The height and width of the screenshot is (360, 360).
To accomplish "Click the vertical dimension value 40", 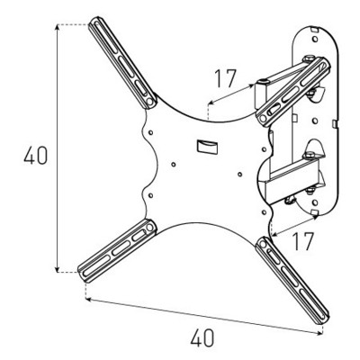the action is [x=36, y=155].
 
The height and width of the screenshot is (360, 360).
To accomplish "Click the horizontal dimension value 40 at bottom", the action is [x=202, y=337].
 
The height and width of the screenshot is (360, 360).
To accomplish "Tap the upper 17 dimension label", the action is [x=226, y=78].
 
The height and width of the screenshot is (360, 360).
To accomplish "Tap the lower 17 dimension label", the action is [x=302, y=241].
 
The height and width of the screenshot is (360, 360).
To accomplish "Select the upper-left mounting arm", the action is [x=122, y=62].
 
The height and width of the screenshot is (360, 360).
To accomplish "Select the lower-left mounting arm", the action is [x=117, y=251].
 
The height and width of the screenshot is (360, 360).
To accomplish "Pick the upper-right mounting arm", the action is [x=293, y=91].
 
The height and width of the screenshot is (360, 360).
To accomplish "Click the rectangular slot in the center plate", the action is [x=208, y=147].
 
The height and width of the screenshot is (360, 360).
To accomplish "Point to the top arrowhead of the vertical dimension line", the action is [x=57, y=28].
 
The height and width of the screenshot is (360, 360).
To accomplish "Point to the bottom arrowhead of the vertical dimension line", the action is [x=57, y=269].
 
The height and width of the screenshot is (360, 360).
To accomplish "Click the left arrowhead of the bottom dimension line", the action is [x=89, y=299].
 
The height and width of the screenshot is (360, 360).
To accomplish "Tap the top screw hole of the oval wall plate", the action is [x=314, y=40].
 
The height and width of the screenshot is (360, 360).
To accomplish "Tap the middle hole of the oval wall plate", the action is [x=315, y=121].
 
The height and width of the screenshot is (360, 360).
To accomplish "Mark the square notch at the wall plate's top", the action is [x=314, y=29].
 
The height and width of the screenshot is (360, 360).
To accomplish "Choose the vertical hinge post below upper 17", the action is [x=260, y=94].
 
